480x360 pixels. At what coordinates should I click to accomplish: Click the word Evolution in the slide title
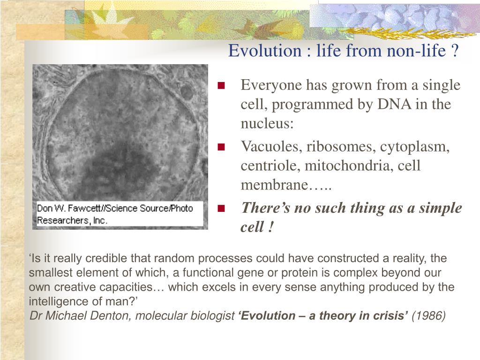coord(265,51)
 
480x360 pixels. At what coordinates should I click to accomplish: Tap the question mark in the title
coord(455,51)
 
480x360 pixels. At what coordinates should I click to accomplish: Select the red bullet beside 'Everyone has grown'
coord(221,85)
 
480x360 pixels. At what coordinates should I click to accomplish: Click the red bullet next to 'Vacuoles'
coord(221,147)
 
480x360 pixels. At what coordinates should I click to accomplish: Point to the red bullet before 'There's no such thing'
coord(221,209)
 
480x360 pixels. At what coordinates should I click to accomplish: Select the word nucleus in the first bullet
coord(267,123)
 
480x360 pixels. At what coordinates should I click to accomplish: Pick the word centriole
coord(270,165)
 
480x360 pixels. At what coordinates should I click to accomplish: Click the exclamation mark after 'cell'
coord(270,227)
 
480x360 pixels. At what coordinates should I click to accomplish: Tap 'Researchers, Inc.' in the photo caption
coord(72,220)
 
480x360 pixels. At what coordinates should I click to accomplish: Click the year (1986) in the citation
coord(428,315)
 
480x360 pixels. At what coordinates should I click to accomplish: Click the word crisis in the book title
coord(390,315)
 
